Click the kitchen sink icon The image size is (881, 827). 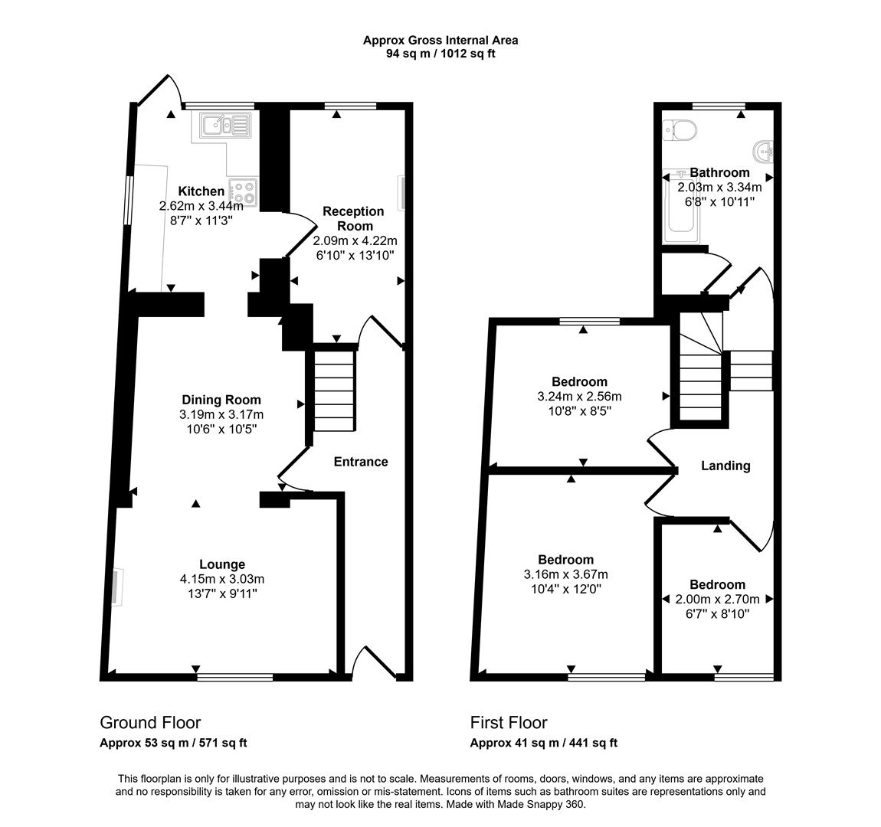click(224, 125)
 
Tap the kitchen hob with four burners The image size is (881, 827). click(244, 191)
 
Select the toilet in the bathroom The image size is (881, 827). click(680, 130)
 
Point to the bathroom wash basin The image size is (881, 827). click(764, 152)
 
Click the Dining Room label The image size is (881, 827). click(221, 400)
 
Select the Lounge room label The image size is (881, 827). click(222, 564)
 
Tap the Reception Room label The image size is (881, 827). click(353, 218)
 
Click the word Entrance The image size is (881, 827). click(361, 462)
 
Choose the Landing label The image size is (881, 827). click(725, 466)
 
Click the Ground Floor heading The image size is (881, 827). click(150, 723)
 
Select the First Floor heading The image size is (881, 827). click(509, 723)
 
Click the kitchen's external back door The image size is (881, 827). click(158, 91)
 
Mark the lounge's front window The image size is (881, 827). click(234, 676)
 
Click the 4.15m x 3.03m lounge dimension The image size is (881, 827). click(222, 579)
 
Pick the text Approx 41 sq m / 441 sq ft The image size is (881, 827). click(543, 743)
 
